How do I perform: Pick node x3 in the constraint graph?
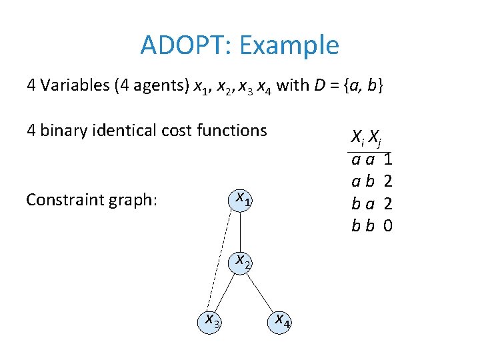point(213,321)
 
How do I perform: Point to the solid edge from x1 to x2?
point(240,230)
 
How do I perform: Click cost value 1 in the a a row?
point(388,160)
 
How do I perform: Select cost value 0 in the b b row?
point(388,226)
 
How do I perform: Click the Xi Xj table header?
point(365,139)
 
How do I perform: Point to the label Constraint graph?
point(91,200)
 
